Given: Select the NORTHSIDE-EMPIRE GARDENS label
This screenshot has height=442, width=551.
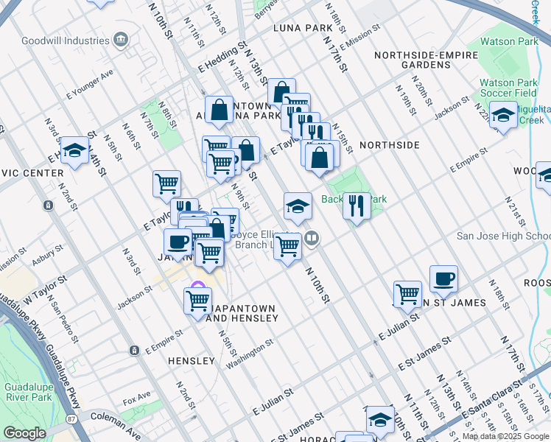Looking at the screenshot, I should click(413, 60).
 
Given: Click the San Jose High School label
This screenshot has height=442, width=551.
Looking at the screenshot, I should click(503, 236).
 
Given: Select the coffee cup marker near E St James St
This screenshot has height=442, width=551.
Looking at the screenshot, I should click(443, 278).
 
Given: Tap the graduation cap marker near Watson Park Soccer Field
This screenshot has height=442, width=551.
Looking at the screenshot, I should click(503, 116).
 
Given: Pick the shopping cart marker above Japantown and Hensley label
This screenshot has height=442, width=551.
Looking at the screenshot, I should click(197, 300).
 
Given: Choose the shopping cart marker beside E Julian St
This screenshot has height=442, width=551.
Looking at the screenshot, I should click(407, 294).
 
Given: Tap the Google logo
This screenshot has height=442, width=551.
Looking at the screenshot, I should click(24, 433).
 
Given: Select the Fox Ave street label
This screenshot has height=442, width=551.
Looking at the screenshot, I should click(137, 401).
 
